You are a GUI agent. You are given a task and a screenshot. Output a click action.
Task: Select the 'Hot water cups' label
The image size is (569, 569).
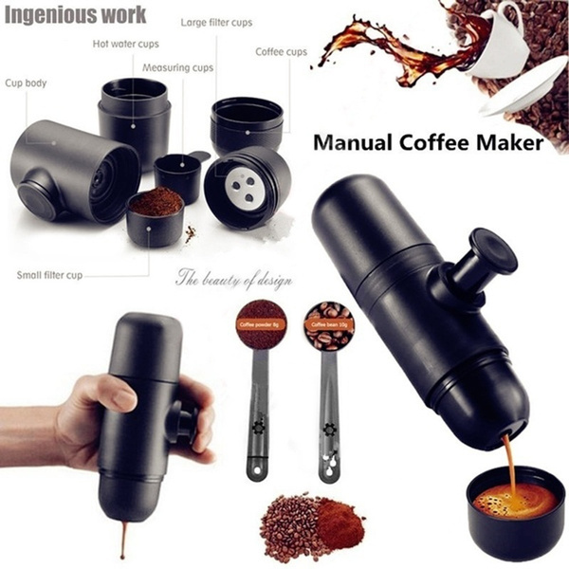pyautogui.click(x=126, y=43)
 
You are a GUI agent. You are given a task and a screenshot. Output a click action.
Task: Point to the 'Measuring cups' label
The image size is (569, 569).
pyautogui.click(x=178, y=67)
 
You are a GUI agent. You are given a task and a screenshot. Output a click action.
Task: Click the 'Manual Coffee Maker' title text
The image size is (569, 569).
pyautogui.click(x=428, y=144)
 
